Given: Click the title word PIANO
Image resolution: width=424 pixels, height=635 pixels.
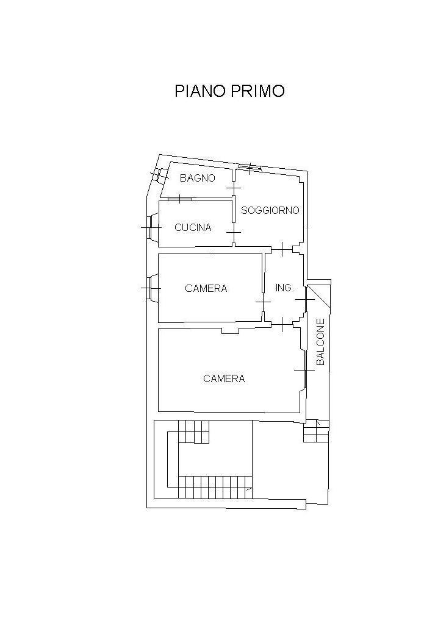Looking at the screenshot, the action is [200, 91].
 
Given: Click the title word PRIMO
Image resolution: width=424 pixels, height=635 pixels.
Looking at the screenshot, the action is [257, 91].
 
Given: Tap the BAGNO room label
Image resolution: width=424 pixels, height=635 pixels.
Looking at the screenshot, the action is [198, 178].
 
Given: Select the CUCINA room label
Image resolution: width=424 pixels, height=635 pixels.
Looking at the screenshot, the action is [193, 227].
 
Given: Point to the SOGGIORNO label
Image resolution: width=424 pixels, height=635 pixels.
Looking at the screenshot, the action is [270, 210].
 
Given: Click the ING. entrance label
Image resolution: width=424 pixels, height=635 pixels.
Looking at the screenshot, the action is [284, 288].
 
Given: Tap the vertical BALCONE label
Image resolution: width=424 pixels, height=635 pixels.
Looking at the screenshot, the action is [321, 342].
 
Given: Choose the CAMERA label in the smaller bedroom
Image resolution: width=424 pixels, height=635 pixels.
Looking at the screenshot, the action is [206, 288].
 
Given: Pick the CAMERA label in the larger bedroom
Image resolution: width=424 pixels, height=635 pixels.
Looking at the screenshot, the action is [224, 378].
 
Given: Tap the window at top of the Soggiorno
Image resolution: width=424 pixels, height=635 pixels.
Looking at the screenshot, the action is [250, 167].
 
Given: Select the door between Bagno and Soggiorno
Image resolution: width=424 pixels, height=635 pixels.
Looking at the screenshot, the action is [234, 188].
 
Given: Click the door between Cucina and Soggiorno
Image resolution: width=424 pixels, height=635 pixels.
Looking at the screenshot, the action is [234, 232].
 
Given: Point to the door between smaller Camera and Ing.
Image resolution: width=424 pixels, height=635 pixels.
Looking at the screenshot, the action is [264, 302].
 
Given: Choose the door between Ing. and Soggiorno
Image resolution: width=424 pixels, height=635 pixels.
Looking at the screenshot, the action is [282, 249].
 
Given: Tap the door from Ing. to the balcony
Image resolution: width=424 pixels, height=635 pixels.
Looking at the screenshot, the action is [305, 299].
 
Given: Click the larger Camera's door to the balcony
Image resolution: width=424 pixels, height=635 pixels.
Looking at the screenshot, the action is [304, 370].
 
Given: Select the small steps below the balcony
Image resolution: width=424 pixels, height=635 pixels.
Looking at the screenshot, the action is [316, 430].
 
